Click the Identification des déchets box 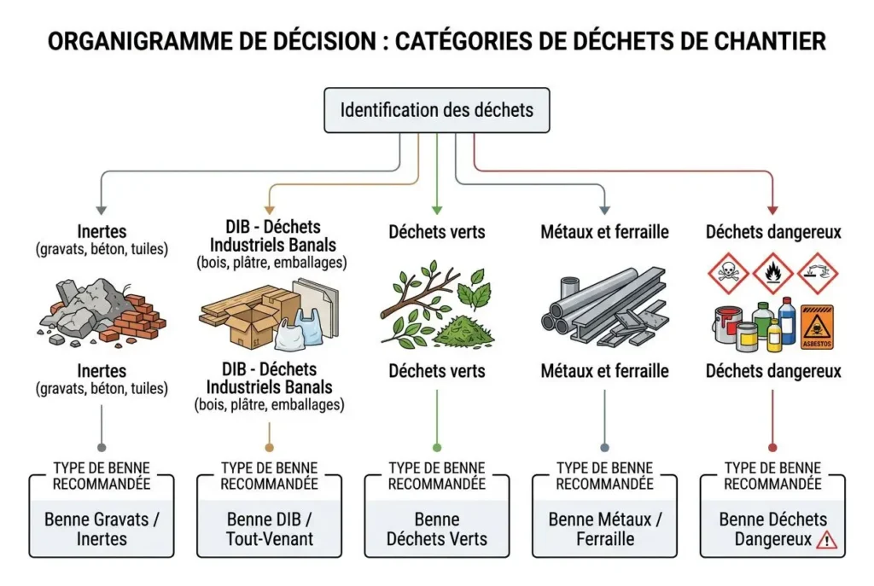pos(436,110)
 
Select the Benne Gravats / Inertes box pos(102,529)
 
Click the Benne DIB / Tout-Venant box pos(270,529)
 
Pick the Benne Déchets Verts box pos(437,529)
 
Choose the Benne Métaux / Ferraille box pos(604,529)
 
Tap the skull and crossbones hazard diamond pos(728,273)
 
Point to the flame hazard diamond pos(773,273)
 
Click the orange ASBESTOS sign pos(817,328)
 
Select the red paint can pos(725,323)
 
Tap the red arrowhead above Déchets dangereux pos(772,209)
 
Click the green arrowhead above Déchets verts pos(437,209)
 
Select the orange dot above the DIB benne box pos(269,447)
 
